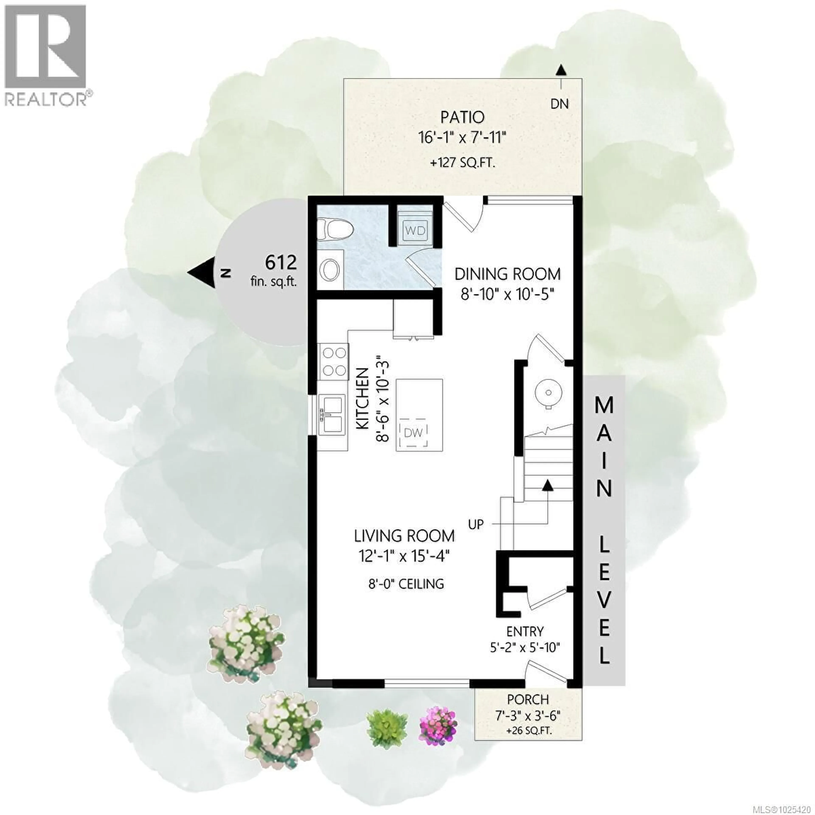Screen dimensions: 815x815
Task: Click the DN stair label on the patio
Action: pos(560,104)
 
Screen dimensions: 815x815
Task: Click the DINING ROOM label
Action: pos(507,274)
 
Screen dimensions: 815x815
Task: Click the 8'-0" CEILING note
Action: pos(406,584)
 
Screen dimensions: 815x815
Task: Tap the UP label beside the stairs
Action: pos(476,524)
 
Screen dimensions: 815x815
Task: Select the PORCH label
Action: pos(528,699)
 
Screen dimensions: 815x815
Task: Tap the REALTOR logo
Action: pos(46,55)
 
